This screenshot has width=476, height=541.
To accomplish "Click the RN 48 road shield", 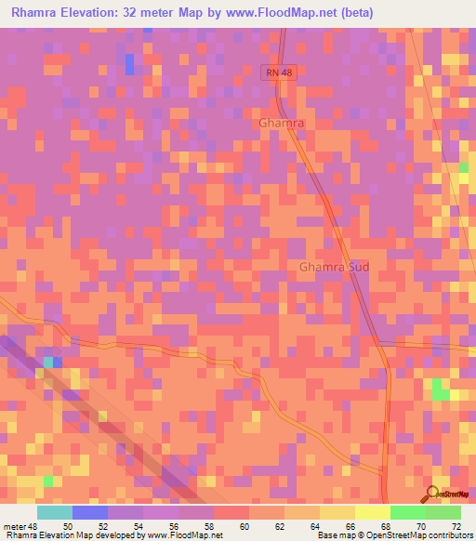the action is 278,72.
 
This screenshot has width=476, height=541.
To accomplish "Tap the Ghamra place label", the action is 282,122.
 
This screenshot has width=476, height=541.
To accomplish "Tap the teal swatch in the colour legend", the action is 55,512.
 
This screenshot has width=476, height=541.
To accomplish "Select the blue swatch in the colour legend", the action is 90,512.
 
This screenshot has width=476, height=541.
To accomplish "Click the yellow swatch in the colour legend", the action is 373,512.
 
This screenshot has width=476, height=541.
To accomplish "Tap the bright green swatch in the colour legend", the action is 408,512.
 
